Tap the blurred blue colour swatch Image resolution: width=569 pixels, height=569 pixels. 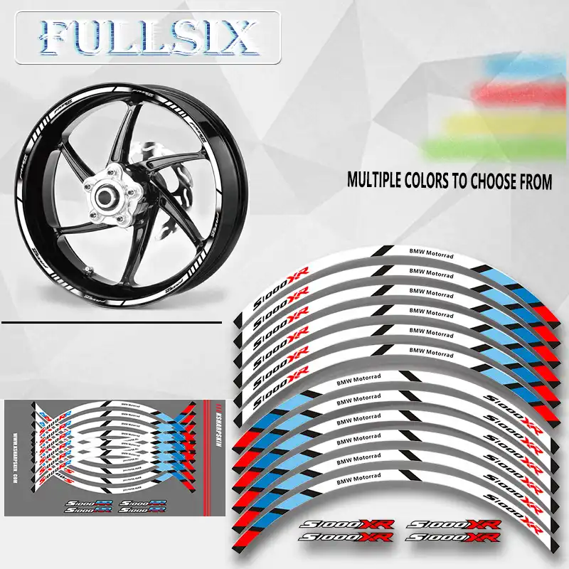[512, 68]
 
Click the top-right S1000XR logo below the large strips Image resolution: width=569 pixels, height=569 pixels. [455, 525]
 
